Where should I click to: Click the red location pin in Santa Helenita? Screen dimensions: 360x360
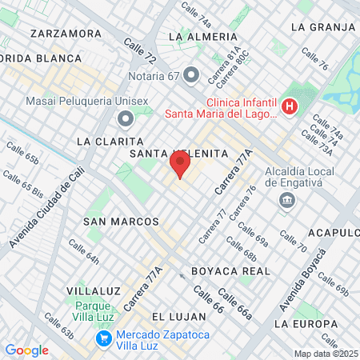(179, 166)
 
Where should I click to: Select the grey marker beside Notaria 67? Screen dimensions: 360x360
(190, 76)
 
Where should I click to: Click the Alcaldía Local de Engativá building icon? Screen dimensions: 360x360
(286, 202)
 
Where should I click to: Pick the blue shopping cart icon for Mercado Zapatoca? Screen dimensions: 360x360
(103, 338)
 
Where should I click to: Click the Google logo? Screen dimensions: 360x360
(26, 350)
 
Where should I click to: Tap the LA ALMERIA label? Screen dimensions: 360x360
(204, 37)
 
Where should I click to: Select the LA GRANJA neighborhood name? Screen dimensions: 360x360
(322, 26)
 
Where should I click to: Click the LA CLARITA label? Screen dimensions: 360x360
(109, 140)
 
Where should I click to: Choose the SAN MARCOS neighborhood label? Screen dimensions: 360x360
(121, 220)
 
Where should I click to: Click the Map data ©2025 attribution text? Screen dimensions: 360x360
(326, 354)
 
